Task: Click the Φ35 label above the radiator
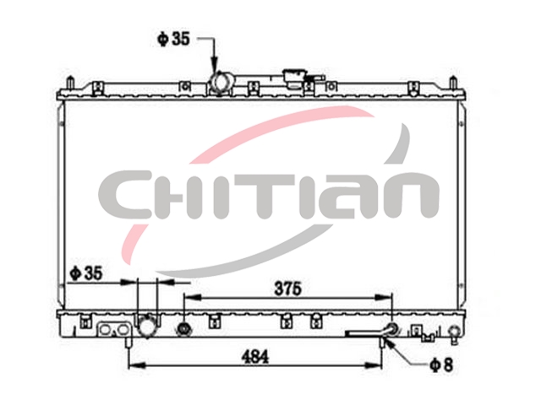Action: pos(173,39)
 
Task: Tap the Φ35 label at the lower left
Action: pos(86,273)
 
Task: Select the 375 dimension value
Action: pos(287,289)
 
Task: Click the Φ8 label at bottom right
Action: pos(441,365)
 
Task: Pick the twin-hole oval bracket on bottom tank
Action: pos(114,330)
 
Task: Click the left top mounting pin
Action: pos(70,84)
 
